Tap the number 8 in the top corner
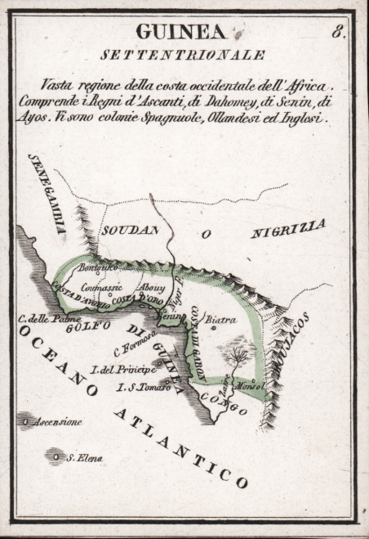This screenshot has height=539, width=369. point(338,33)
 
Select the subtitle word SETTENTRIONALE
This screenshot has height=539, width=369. point(182,56)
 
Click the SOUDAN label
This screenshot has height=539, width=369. point(129,231)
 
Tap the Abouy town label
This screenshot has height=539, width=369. point(152,288)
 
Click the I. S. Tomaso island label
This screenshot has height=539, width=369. point(142,387)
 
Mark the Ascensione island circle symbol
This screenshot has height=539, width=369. point(27,421)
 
